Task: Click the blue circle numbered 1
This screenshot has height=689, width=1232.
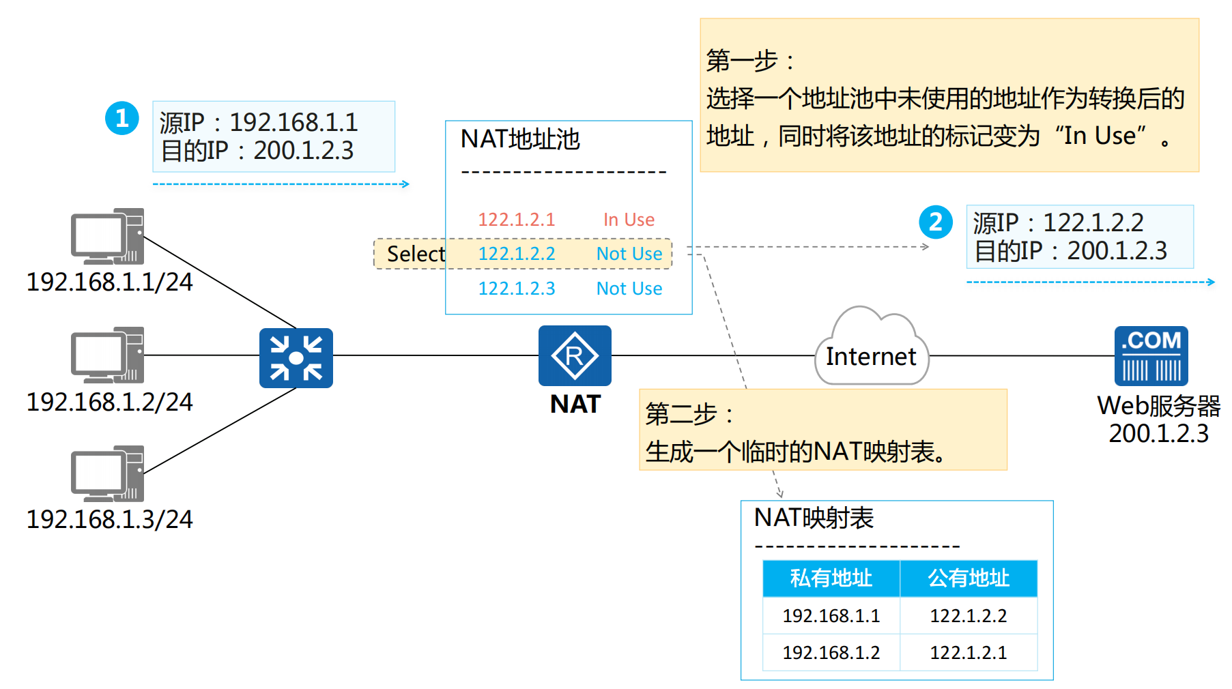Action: [x=122, y=119]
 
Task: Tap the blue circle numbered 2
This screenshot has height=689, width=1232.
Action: [x=935, y=222]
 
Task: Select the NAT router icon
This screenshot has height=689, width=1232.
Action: [x=575, y=355]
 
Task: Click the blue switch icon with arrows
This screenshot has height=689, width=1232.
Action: [x=296, y=358]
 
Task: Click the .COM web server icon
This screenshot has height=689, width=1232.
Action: [x=1151, y=355]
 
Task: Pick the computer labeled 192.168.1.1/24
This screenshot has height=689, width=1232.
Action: [x=108, y=236]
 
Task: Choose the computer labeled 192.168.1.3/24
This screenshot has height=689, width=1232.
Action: [x=108, y=473]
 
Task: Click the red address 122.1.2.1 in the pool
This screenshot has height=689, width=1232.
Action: [x=517, y=220]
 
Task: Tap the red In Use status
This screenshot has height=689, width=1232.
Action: [x=629, y=220]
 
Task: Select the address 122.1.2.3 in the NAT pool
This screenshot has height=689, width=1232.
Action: [x=517, y=289]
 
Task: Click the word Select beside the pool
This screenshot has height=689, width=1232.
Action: [x=416, y=254]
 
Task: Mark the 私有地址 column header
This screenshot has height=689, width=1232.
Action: [x=831, y=578]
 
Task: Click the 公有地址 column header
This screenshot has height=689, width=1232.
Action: [x=969, y=578]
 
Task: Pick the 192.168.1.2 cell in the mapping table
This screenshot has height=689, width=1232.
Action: [x=831, y=653]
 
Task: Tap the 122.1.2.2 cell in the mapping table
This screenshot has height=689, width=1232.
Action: [x=969, y=616]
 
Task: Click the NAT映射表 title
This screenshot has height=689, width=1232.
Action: [x=814, y=518]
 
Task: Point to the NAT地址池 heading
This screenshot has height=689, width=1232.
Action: [x=520, y=139]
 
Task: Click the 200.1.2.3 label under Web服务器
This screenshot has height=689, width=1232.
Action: [x=1158, y=434]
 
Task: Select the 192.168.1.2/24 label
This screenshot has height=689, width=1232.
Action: [x=109, y=402]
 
